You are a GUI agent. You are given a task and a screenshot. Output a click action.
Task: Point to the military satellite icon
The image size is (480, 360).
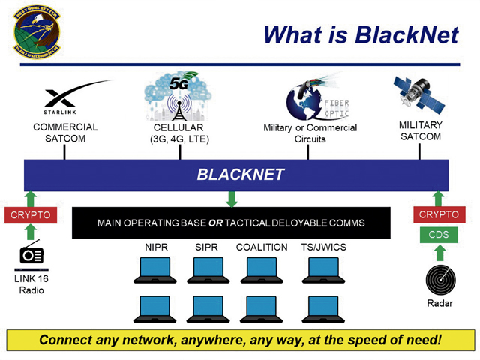tap(418, 96)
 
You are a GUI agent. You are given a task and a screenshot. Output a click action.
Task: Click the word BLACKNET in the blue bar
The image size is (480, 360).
tap(240, 175)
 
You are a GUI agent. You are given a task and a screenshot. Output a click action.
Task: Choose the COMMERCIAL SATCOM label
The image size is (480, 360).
tap(66, 132)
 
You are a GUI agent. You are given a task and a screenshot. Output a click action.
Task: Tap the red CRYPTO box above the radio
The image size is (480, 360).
tap(30, 215)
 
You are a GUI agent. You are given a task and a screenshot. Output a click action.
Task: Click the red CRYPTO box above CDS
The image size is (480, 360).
tap(438, 215)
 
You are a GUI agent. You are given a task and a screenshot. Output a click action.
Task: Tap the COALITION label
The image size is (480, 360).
tap(262, 247)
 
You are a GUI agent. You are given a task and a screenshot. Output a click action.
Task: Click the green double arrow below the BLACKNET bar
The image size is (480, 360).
tap(232, 199)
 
